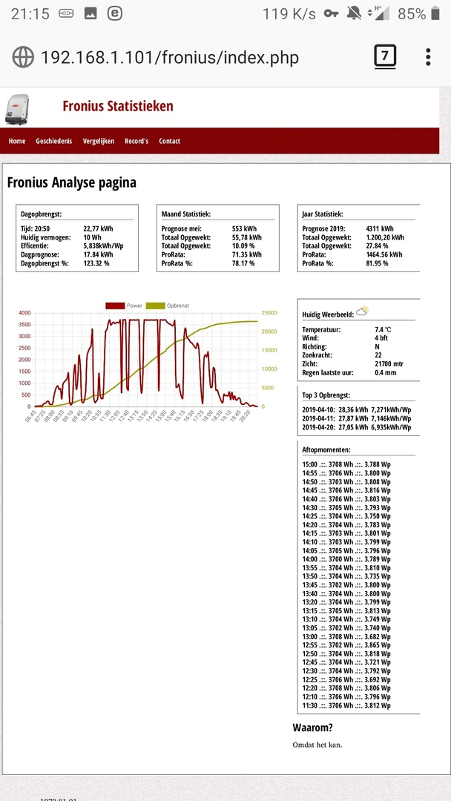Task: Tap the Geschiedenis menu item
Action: tap(54, 141)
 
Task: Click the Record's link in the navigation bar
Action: tap(136, 141)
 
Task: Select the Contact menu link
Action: tap(169, 141)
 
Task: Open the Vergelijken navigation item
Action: tap(99, 141)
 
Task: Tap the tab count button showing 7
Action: tap(385, 56)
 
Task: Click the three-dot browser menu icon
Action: tap(428, 57)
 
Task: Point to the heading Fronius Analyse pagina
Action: tap(71, 182)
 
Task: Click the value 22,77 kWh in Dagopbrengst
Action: tap(98, 229)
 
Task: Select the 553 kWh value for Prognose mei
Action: tap(245, 229)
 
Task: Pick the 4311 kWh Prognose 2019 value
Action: tap(380, 229)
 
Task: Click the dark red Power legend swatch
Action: tap(115, 306)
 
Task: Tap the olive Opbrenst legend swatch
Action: tap(155, 306)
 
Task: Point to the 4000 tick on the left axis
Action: tap(24, 313)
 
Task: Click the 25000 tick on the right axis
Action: tap(269, 313)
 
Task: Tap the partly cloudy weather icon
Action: tap(363, 311)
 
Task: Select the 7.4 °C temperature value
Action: tap(383, 329)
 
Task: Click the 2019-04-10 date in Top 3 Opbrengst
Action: tap(318, 409)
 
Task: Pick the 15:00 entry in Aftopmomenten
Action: tap(311, 464)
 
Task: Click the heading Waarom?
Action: tap(313, 728)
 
